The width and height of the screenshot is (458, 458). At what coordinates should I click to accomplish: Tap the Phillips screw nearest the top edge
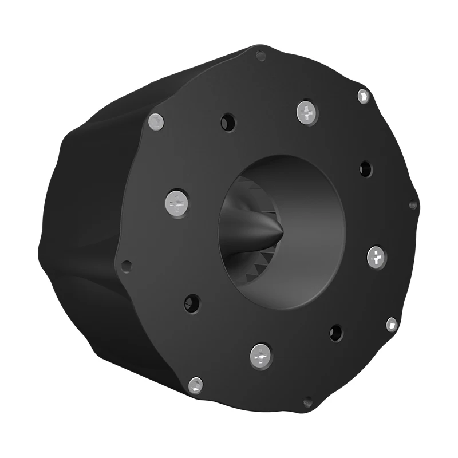(x=307, y=112)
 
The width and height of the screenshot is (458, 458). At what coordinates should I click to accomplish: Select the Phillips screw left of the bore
(x=176, y=203)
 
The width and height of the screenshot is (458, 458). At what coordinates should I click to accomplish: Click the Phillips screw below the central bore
(x=261, y=356)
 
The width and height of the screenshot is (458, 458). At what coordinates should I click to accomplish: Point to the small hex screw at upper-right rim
(x=363, y=96)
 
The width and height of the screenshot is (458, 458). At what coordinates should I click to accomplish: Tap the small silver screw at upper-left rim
(x=156, y=121)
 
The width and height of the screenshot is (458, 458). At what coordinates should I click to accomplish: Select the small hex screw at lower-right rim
(x=392, y=324)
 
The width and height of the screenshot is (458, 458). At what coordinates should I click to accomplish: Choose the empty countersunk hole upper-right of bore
(x=365, y=168)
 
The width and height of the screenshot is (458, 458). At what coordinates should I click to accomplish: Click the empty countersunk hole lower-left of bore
(x=192, y=303)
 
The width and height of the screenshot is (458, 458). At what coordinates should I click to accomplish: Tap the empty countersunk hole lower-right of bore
(x=335, y=332)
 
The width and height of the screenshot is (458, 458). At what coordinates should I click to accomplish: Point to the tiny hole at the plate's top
(x=261, y=56)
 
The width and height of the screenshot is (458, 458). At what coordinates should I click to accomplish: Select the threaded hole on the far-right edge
(x=413, y=204)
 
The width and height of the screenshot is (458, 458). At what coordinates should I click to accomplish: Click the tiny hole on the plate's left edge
(x=127, y=266)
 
